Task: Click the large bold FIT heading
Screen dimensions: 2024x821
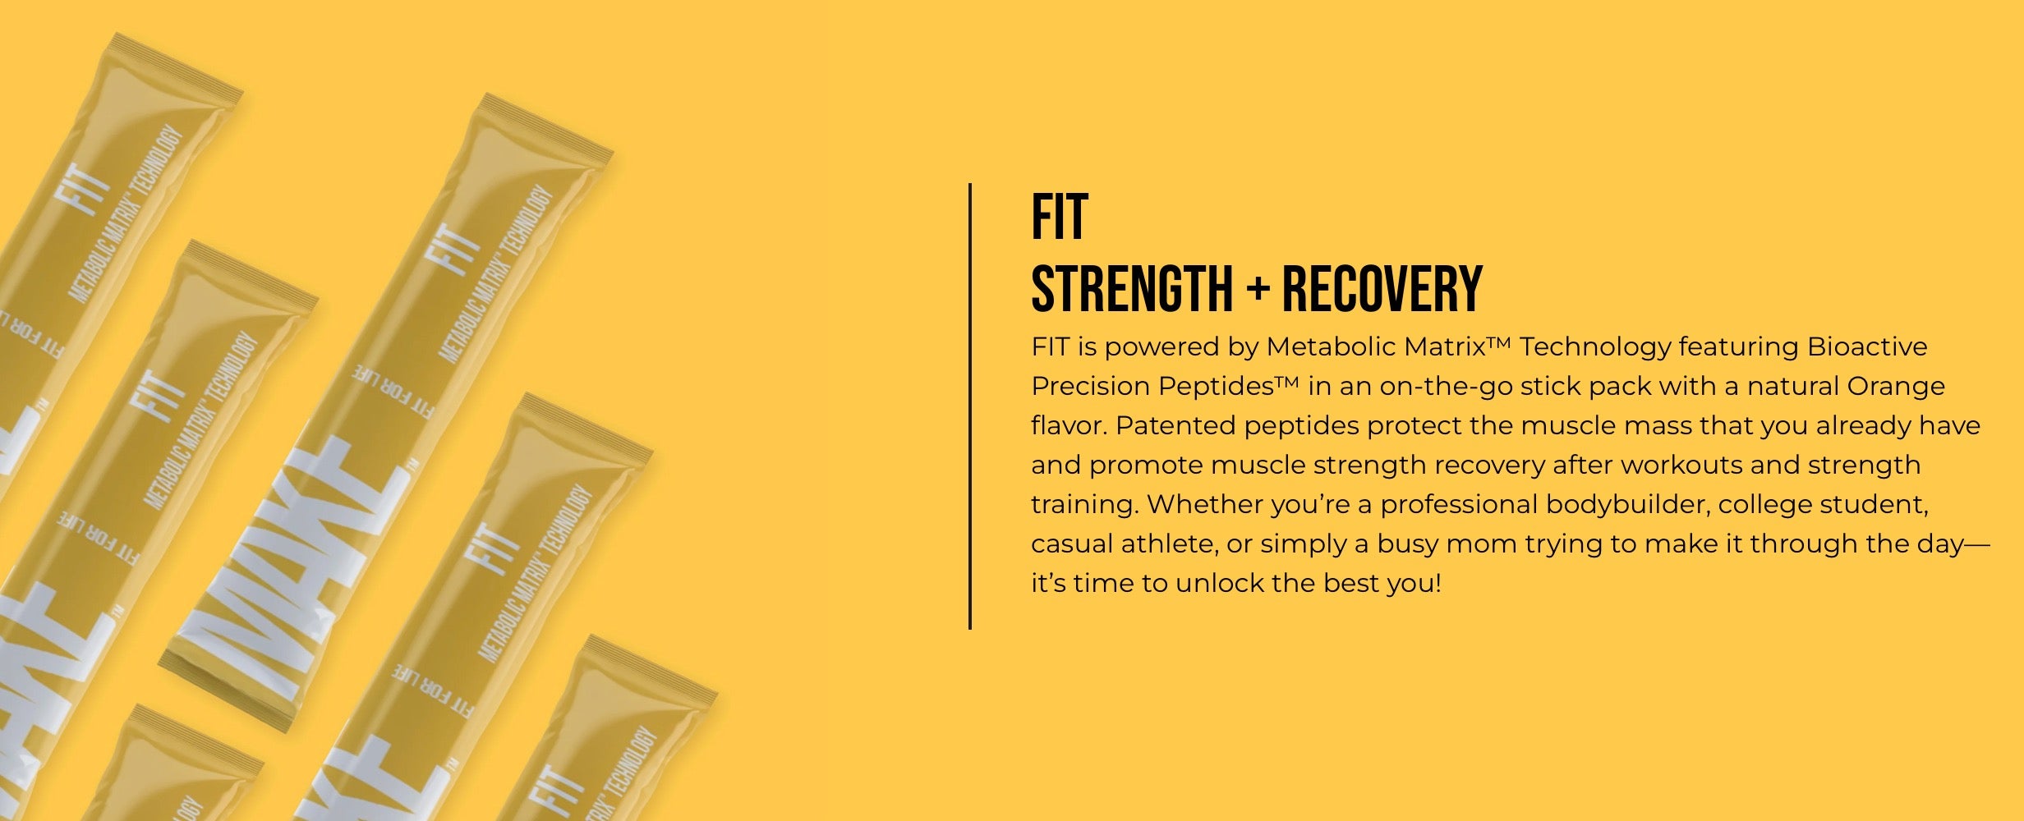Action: [1060, 217]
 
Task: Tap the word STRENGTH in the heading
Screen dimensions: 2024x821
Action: [1132, 289]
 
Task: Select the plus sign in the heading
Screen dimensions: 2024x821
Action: [1257, 289]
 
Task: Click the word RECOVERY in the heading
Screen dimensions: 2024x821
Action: [1382, 289]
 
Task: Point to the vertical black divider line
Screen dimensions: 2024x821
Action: [970, 406]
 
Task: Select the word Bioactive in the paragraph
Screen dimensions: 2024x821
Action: [1867, 346]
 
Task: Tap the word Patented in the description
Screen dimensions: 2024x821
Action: [1175, 425]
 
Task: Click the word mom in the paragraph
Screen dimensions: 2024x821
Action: [1481, 544]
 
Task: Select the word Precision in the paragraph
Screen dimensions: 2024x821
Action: [1091, 386]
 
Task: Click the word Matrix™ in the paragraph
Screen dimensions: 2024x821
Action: [1458, 346]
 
